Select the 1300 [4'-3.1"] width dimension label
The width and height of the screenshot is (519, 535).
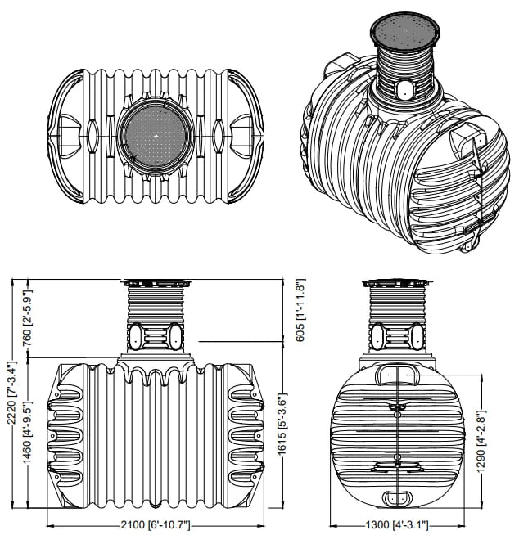tap(398, 523)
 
